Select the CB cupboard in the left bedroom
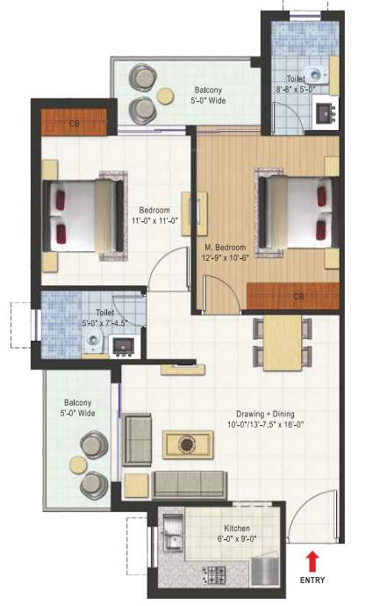point(75,123)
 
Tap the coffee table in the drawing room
point(187,444)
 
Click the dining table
point(283,343)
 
